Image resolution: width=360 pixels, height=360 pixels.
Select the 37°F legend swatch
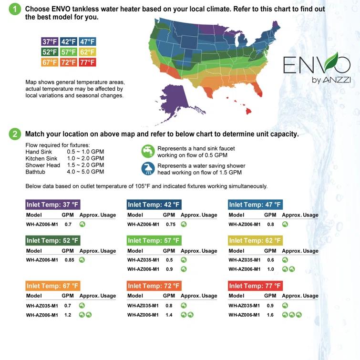coord(50,41)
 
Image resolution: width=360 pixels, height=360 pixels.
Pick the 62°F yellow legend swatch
coord(87,52)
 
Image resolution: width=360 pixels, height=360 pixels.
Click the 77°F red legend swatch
coord(87,62)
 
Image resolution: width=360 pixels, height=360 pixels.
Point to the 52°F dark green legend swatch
coord(50,52)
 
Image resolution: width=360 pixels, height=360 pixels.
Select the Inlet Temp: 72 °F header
coord(154,286)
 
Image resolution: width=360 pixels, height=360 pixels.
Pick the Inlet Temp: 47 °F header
coord(255,205)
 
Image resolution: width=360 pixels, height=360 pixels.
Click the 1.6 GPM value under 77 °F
coord(270,315)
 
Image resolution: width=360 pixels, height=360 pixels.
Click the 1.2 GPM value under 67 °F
coord(68,315)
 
